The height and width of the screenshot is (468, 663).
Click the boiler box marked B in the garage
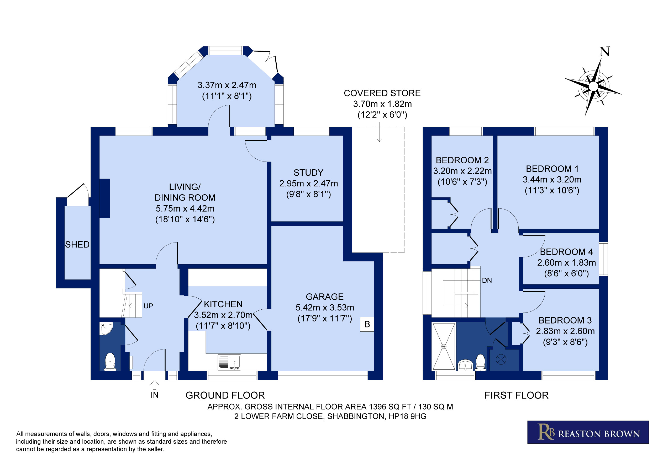[367, 324]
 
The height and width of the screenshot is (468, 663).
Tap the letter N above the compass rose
[604, 52]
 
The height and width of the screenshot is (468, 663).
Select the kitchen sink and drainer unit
[230, 362]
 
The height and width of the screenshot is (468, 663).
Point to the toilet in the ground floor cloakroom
[110, 362]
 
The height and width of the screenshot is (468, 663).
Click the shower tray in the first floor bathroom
[444, 346]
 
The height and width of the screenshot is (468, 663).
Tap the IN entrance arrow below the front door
[155, 385]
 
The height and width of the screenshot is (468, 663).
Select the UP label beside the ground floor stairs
[148, 306]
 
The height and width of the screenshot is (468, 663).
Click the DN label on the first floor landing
[487, 281]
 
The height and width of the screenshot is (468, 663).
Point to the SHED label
[77, 245]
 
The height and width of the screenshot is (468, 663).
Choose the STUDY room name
[308, 173]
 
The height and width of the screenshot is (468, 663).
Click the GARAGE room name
[325, 297]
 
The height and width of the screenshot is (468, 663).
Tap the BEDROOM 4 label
[566, 252]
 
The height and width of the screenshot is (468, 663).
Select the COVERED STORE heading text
[382, 93]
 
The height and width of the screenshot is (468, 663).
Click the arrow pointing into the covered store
[380, 132]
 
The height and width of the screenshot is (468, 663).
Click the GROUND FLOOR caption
[225, 395]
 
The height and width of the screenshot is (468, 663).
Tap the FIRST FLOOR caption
[516, 395]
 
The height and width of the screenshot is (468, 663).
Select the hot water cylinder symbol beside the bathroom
[501, 359]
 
